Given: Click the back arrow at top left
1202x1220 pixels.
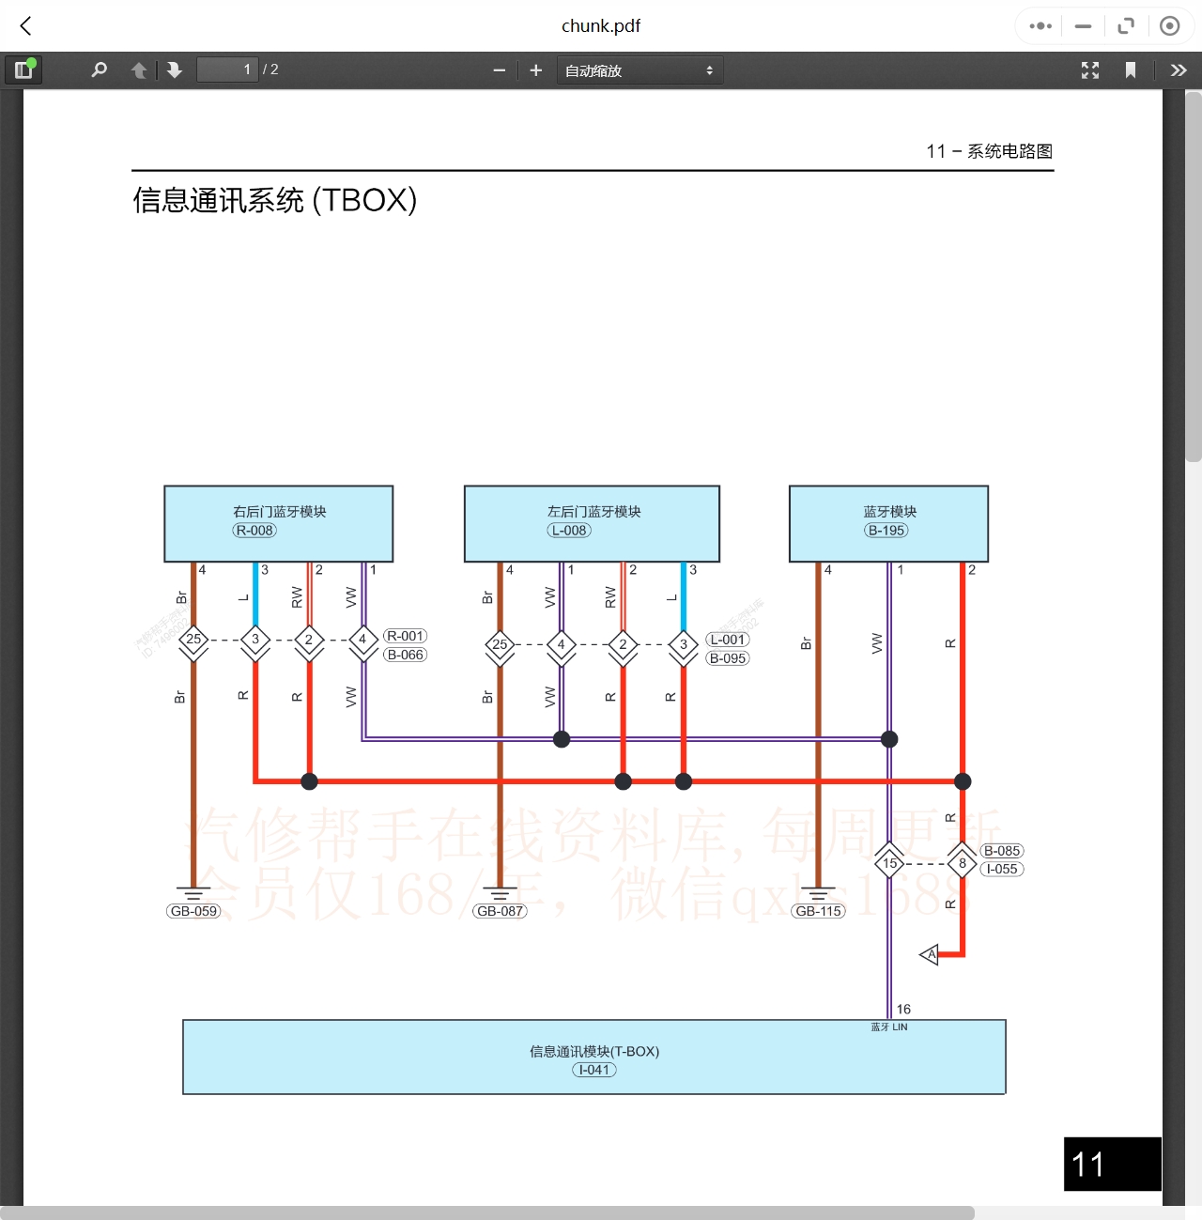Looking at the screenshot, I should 26,26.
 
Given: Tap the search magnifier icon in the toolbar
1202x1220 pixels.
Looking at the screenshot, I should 99,69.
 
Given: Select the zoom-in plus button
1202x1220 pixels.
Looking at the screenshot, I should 536,70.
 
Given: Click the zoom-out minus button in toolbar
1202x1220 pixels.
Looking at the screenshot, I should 500,70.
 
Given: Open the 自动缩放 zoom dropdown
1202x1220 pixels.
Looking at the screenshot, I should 640,70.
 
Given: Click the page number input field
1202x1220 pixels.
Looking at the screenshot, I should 226,69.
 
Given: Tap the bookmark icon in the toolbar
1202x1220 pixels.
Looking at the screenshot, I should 1131,70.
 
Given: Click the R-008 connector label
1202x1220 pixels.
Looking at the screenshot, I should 254,531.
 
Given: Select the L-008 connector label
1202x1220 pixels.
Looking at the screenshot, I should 569,531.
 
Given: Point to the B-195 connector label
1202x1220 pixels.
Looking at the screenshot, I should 886,531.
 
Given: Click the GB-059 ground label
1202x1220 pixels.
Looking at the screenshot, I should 193,911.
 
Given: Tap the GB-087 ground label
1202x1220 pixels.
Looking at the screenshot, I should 500,911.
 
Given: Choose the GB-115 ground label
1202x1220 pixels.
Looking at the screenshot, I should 819,911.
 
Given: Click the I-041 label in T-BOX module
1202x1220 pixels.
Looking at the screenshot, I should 594,1070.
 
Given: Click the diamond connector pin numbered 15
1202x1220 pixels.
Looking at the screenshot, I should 889,862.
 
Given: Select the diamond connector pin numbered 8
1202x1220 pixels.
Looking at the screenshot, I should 963,862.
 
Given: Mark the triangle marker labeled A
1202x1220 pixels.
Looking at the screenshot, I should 930,955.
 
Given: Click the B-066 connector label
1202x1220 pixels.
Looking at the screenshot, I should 406,655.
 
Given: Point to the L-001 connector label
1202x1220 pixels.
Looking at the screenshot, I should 728,640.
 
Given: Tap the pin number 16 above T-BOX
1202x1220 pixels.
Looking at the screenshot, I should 903,1009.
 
